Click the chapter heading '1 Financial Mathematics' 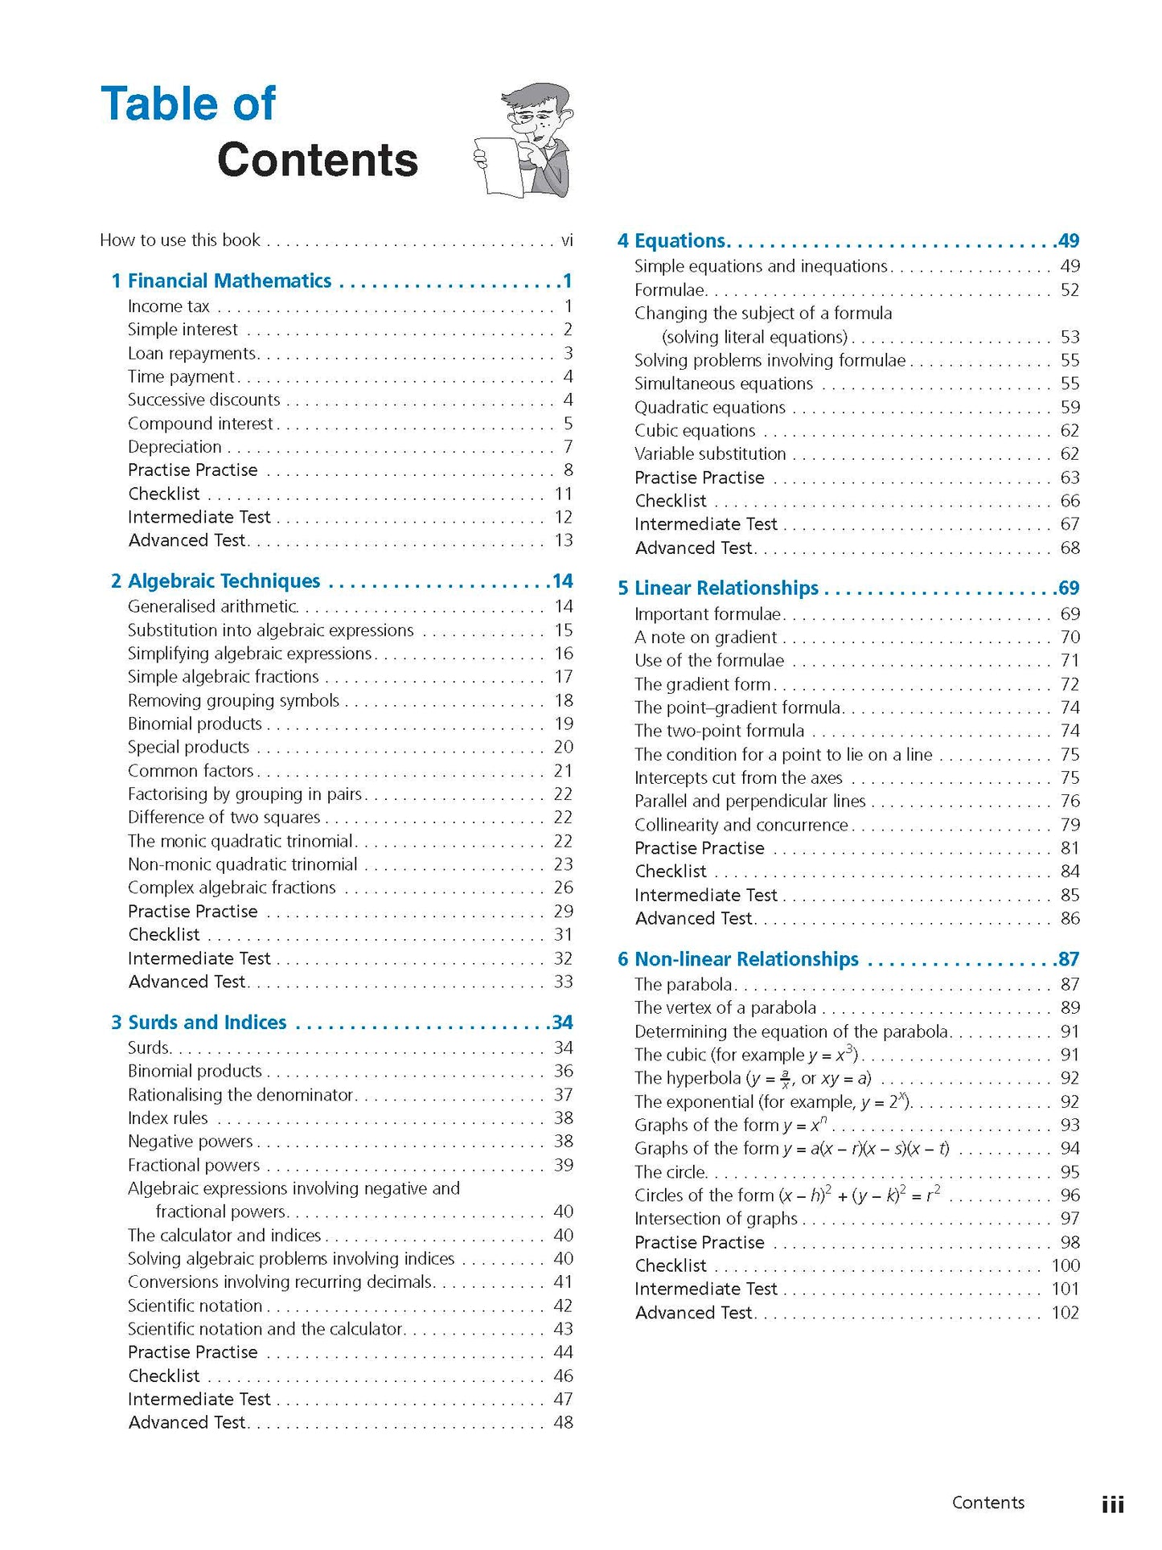click(221, 281)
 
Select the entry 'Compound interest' click(200, 424)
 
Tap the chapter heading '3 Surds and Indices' click(199, 1023)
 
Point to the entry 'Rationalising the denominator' click(240, 1095)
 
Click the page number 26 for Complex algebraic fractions click(563, 888)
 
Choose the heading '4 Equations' click(672, 240)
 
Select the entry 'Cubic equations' click(695, 431)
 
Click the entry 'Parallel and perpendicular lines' click(749, 802)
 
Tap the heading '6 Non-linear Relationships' click(738, 959)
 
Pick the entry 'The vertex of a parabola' click(725, 1008)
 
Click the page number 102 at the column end click(1065, 1313)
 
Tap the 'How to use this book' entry click(180, 240)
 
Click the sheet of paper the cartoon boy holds click(498, 166)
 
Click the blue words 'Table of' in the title click(188, 105)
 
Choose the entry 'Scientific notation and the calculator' click(265, 1330)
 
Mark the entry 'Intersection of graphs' click(716, 1219)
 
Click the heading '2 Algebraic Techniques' click(216, 581)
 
